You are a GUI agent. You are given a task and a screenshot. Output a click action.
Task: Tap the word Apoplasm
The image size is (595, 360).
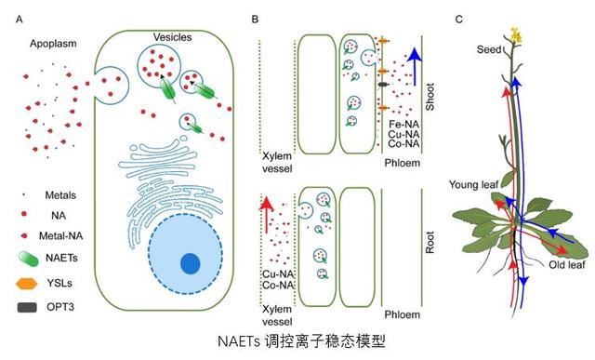51,44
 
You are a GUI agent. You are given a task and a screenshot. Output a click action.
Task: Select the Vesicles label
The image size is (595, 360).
173,35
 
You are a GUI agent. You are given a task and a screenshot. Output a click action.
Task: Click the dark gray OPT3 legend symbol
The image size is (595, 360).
31,305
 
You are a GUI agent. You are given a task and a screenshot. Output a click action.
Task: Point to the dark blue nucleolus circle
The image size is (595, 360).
190,263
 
